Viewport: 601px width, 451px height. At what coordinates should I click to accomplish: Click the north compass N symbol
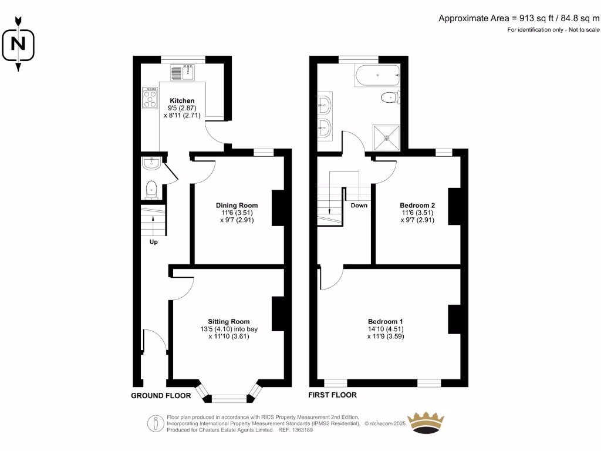click(18, 44)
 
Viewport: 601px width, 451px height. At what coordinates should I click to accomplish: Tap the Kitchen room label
click(182, 101)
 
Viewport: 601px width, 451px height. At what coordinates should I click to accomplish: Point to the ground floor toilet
click(151, 189)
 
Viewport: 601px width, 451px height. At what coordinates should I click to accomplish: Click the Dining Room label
click(237, 206)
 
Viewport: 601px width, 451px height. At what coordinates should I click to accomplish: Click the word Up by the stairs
click(154, 242)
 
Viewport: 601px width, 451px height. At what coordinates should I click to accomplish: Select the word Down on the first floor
click(359, 206)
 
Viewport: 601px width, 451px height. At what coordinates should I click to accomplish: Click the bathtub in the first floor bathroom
click(377, 75)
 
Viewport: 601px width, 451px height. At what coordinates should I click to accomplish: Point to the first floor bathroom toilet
click(390, 97)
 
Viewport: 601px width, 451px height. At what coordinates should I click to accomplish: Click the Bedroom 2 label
click(418, 206)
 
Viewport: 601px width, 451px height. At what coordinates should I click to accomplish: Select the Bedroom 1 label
click(385, 321)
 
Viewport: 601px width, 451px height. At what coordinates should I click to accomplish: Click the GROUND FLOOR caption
click(160, 396)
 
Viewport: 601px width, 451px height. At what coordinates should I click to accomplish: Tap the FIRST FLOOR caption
click(333, 395)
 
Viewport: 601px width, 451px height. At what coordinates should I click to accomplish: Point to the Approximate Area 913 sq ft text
click(519, 18)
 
